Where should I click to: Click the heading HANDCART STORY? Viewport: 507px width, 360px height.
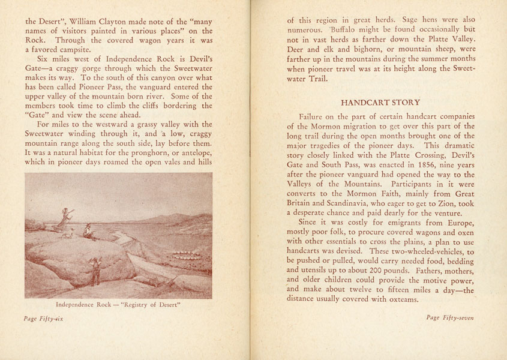[x=380, y=102]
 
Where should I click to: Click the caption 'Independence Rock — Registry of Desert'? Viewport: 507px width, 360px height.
[x=118, y=304]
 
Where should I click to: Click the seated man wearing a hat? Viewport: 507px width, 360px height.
[x=89, y=232]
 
